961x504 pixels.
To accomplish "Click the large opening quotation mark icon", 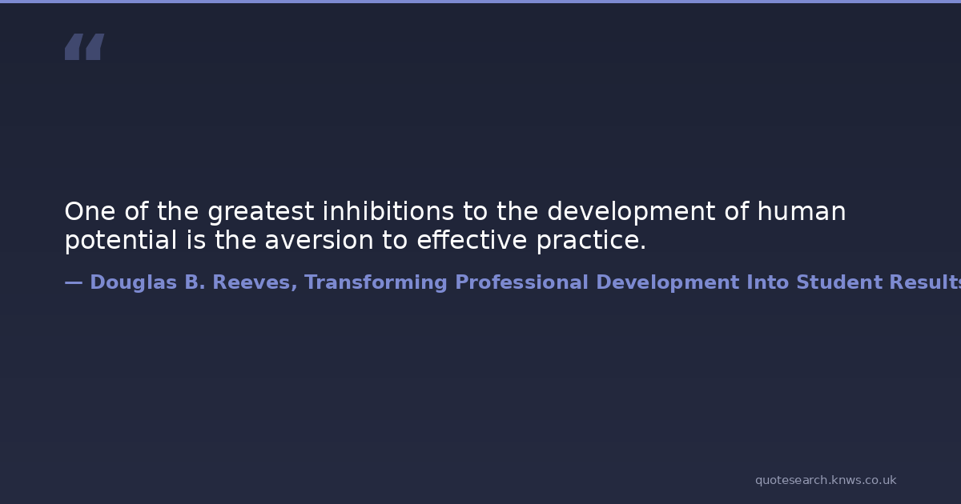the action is (x=85, y=46).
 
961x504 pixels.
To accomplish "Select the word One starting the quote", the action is (x=90, y=211).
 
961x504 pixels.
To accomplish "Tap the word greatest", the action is (x=261, y=213).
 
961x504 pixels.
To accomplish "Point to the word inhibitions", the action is (x=388, y=211).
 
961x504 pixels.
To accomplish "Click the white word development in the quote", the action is (x=631, y=213).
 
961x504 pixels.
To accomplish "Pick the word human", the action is (x=802, y=211).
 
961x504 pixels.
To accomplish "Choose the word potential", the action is (x=121, y=241).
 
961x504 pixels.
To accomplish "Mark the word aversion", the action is (x=320, y=240).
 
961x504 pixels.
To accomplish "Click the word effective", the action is (x=472, y=239).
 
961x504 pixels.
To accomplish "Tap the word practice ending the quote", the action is (x=591, y=241).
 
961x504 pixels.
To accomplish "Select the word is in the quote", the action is (x=196, y=239).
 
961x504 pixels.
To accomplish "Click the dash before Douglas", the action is (x=74, y=282).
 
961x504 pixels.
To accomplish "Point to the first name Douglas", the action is (x=134, y=283).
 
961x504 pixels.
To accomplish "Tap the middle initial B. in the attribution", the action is (x=195, y=282).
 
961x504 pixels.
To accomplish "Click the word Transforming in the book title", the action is (x=376, y=283).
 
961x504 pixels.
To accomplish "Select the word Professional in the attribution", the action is (x=521, y=282).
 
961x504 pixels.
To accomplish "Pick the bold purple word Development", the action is (x=668, y=283).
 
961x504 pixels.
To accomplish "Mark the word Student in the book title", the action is (x=839, y=282).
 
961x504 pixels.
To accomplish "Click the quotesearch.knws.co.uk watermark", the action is (x=826, y=481).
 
